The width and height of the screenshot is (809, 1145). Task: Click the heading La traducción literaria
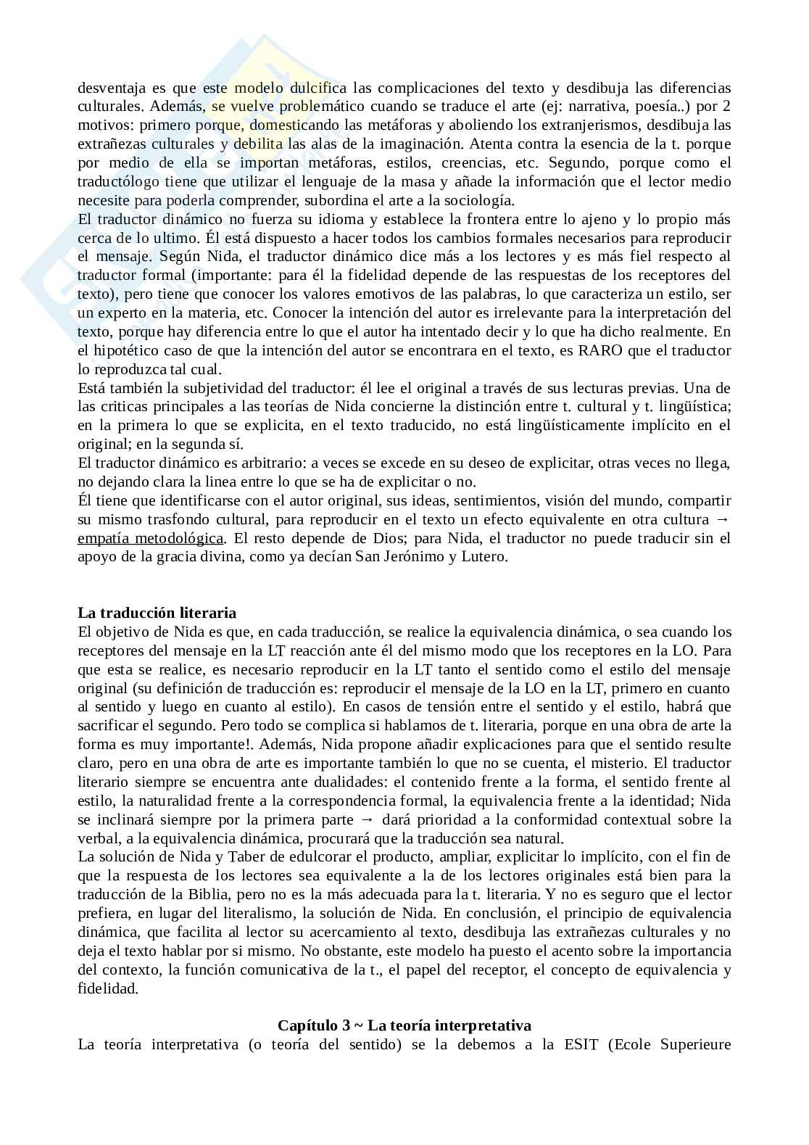click(x=157, y=613)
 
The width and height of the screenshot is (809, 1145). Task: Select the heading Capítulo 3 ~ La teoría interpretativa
click(x=404, y=1025)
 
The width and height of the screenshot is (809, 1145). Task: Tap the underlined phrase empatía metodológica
click(x=151, y=538)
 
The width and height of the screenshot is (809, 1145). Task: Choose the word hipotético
click(x=127, y=350)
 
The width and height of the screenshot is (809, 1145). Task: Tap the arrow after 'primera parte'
click(x=368, y=819)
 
